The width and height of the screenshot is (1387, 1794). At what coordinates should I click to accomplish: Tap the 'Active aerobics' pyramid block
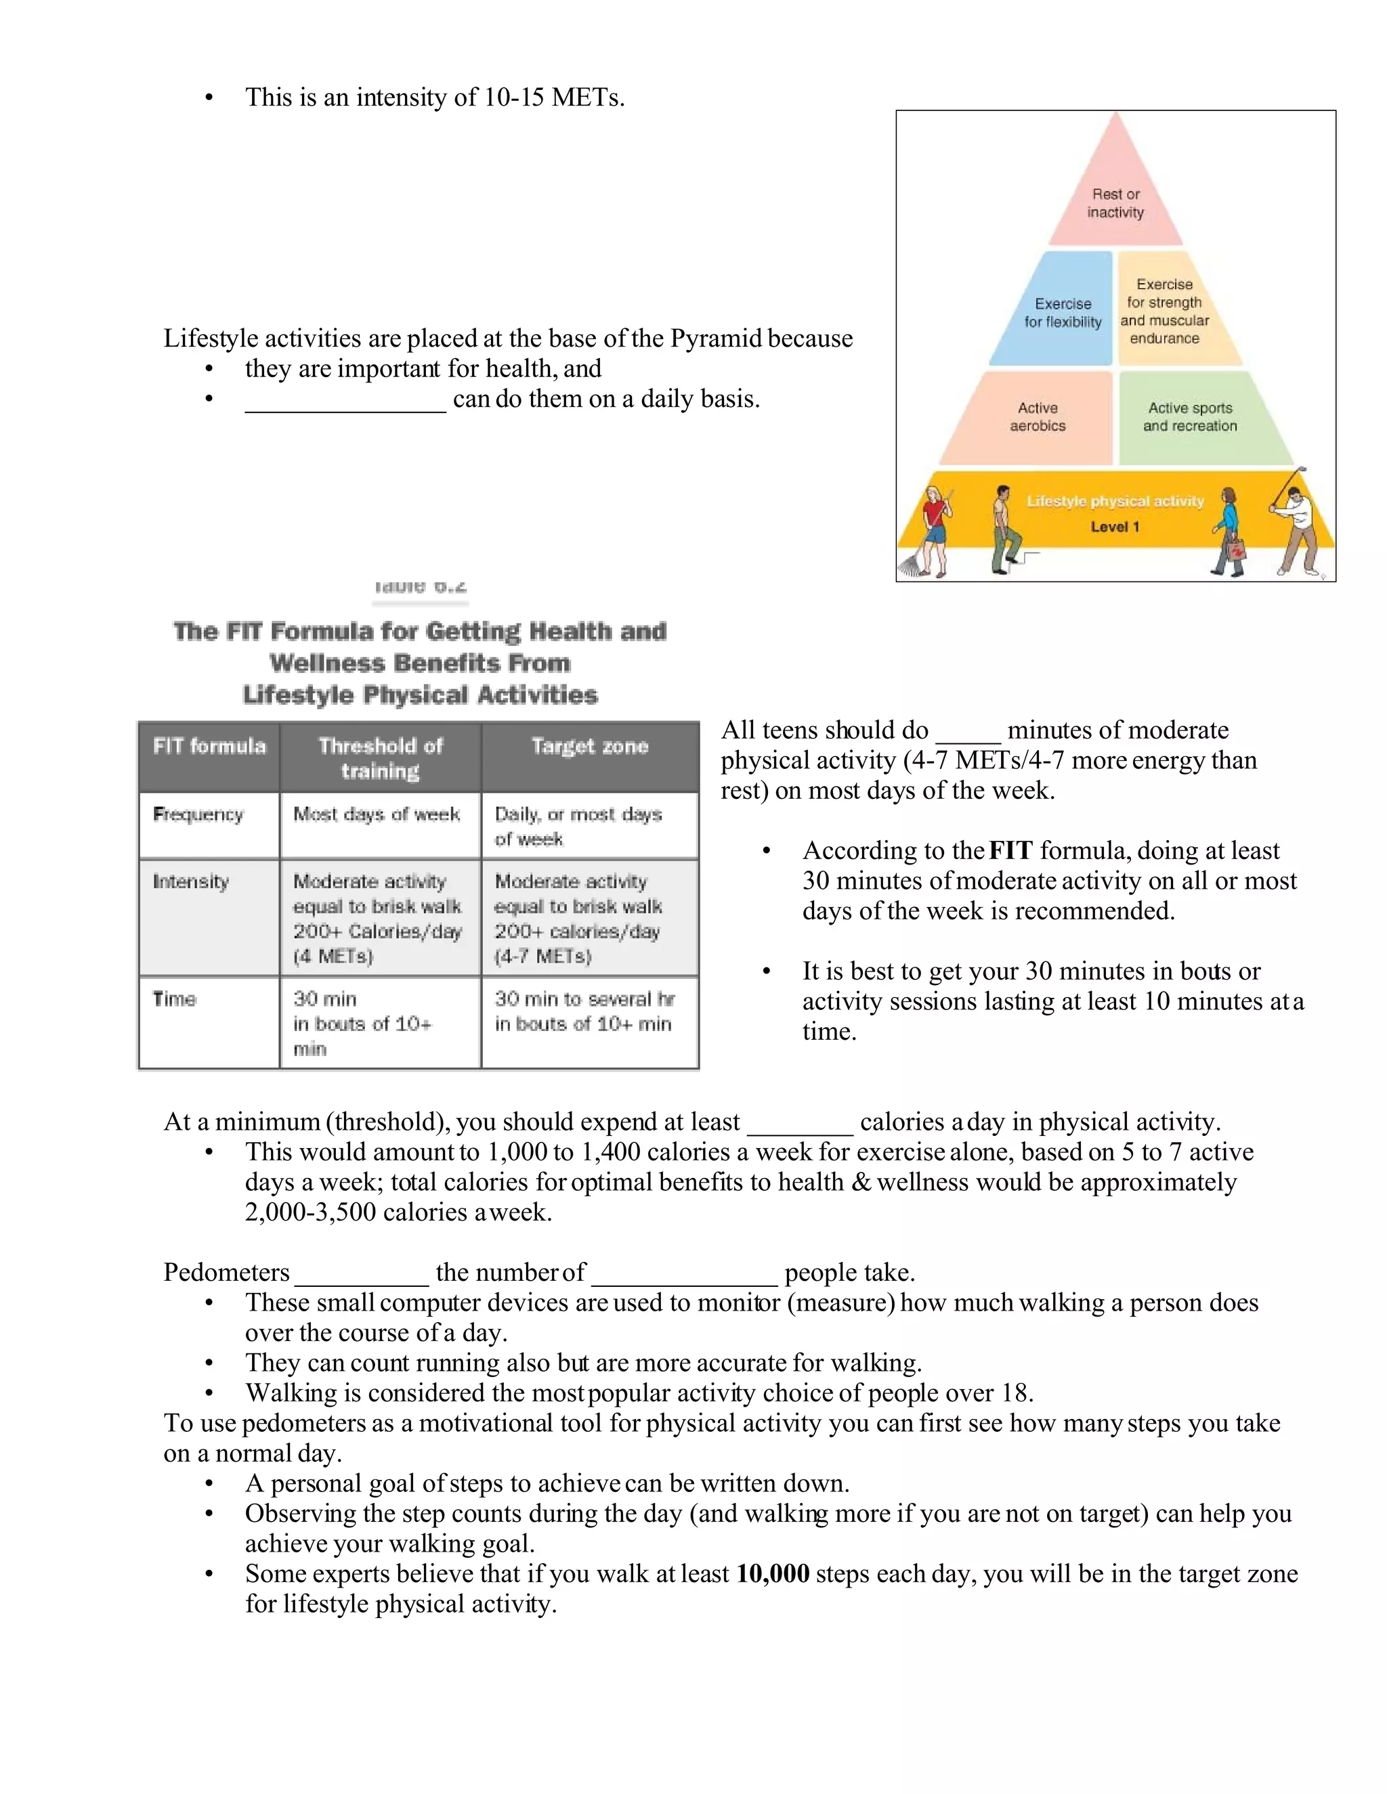[x=1037, y=417]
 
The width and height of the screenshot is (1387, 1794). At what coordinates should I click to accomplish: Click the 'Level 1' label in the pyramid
[x=1114, y=527]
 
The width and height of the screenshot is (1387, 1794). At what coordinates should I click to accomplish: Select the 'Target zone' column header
[x=589, y=746]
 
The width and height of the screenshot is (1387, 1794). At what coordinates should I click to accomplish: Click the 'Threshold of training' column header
[x=380, y=758]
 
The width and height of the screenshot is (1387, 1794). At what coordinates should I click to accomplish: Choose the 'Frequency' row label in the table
[x=198, y=814]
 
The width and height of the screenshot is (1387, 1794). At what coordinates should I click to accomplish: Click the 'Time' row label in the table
[x=174, y=999]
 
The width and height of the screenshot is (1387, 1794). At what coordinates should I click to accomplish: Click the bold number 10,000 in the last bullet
[x=772, y=1573]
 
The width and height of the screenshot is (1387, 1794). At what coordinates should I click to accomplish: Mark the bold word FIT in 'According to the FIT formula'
[x=1010, y=850]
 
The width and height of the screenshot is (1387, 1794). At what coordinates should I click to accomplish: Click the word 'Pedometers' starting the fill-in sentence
[x=226, y=1273]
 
